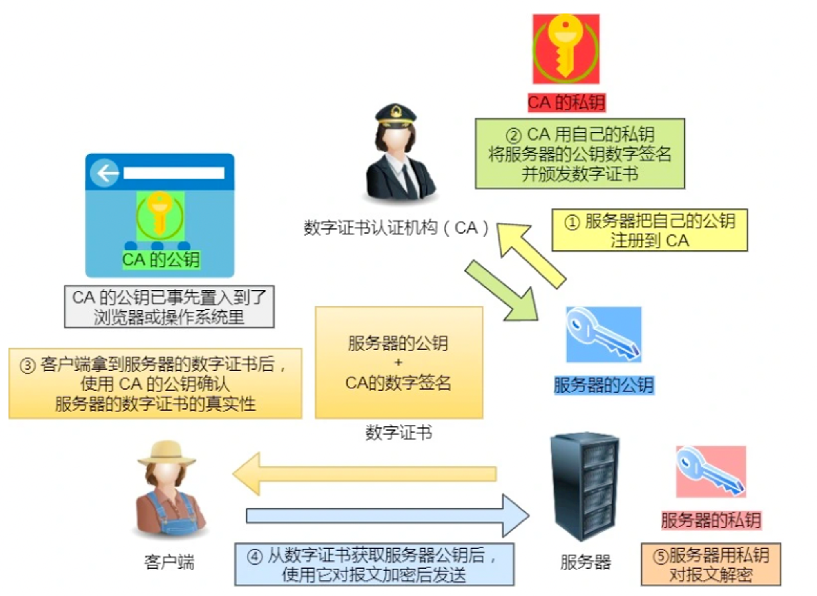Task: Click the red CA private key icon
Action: [566, 49]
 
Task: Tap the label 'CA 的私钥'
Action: [566, 102]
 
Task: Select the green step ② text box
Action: [580, 154]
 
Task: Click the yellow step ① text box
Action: [650, 230]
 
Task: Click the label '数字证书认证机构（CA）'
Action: [396, 228]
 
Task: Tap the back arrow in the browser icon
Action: [105, 173]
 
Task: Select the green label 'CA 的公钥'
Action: [161, 260]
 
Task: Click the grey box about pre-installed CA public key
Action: [169, 306]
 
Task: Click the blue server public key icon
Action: [603, 335]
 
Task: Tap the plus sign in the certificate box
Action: [398, 362]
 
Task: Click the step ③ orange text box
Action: [155, 383]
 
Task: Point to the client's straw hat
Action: [167, 454]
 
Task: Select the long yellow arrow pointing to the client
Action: [365, 474]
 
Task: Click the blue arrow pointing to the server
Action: [388, 516]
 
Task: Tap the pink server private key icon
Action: [711, 472]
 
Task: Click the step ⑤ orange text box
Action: [711, 564]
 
